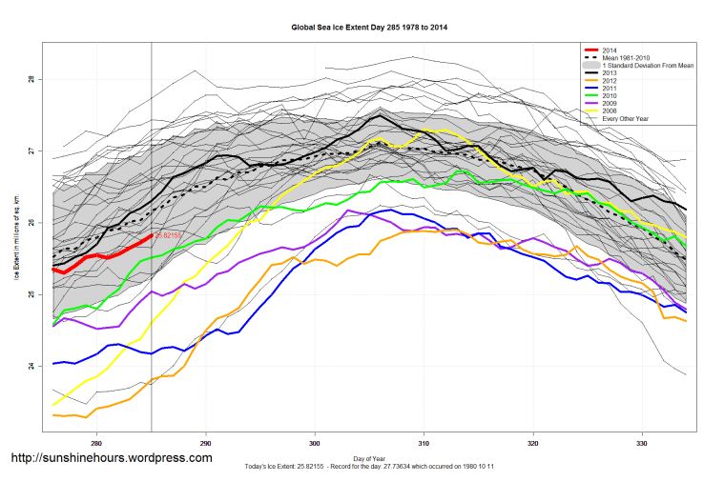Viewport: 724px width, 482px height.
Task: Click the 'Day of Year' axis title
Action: click(369, 459)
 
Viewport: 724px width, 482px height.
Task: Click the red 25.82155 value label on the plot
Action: click(168, 234)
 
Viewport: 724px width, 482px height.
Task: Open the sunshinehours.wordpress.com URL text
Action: click(111, 458)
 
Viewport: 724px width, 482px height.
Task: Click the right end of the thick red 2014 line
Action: click(152, 235)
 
